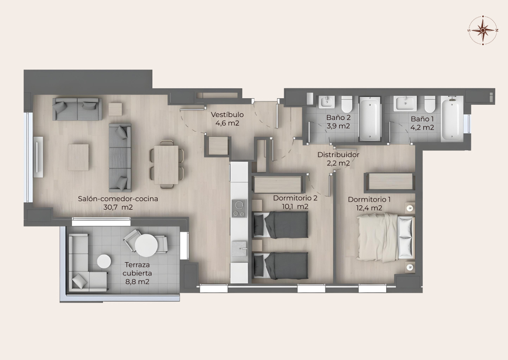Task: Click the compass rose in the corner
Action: [x=483, y=30]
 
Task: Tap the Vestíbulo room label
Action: [x=227, y=115]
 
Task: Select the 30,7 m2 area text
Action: [x=118, y=207]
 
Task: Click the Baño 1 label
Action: [x=422, y=119]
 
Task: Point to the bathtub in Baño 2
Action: [x=370, y=118]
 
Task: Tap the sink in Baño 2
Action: [x=326, y=102]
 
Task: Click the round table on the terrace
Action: [x=146, y=245]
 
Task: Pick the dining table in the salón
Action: [x=166, y=165]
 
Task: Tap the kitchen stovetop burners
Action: [x=239, y=209]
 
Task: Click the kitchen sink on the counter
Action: [x=239, y=248]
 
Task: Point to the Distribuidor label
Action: [x=338, y=155]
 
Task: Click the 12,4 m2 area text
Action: [x=369, y=208]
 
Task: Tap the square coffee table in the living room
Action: [x=78, y=157]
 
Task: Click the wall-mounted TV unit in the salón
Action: [x=38, y=157]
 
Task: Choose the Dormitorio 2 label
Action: [x=295, y=198]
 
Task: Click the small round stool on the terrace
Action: [x=104, y=261]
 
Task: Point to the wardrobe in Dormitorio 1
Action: [x=390, y=181]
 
